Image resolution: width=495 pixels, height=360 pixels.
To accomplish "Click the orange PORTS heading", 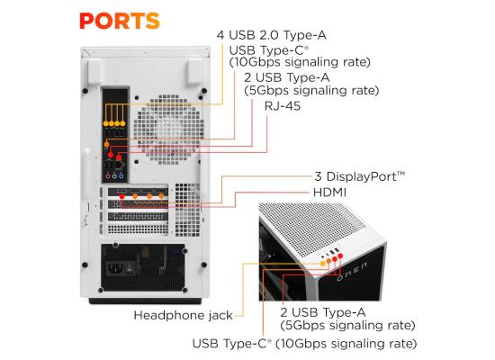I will (119, 19).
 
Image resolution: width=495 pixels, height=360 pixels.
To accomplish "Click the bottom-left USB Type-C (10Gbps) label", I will (304, 343).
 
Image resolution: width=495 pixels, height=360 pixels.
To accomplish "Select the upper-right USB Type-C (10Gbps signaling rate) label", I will (301, 56).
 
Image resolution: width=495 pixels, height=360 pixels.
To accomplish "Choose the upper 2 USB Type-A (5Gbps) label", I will (310, 84).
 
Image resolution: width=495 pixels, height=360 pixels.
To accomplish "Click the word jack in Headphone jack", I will (219, 316).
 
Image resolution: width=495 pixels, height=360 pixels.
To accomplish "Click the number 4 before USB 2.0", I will (220, 35).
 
